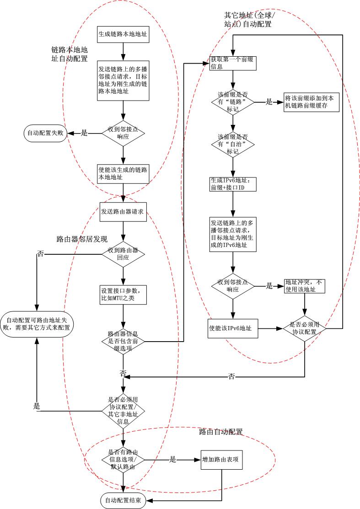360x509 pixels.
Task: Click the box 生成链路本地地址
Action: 122,34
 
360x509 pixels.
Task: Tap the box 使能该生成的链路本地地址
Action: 122,173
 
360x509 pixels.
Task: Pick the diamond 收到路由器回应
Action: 123,254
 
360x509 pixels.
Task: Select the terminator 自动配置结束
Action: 123,501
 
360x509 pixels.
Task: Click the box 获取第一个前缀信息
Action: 232,63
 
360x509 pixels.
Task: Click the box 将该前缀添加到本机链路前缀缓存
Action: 312,103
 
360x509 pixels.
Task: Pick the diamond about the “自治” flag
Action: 232,144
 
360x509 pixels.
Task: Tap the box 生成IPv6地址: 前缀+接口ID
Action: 232,184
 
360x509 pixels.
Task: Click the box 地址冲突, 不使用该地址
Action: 305,286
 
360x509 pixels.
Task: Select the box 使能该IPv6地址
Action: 232,328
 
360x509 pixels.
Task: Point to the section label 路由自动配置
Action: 220,431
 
